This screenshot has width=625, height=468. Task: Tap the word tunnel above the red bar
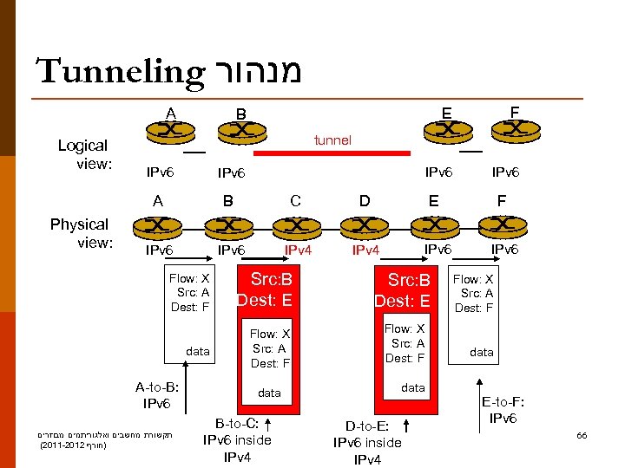[333, 140]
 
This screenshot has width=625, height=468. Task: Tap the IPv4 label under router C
[300, 251]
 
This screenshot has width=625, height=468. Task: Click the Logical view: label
[82, 154]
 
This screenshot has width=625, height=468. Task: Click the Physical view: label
[79, 233]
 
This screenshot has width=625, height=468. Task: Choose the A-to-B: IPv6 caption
[157, 396]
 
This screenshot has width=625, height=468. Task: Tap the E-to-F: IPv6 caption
[503, 410]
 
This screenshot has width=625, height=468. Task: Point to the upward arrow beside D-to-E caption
[406, 426]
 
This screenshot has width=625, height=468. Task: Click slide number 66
[582, 435]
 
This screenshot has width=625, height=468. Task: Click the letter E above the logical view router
[445, 112]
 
